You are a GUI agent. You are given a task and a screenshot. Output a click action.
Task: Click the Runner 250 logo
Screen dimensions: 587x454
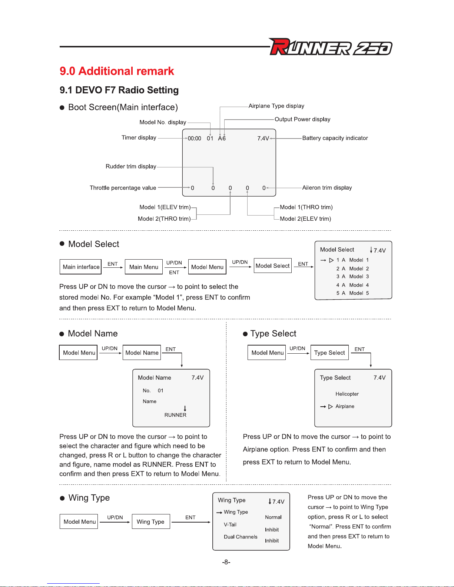click(x=331, y=47)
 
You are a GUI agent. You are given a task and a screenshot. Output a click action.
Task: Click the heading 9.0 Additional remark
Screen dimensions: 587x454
click(x=117, y=71)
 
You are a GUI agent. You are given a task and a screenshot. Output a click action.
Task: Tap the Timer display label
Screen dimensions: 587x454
click(x=139, y=138)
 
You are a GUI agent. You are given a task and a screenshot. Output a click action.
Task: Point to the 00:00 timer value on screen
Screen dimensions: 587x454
click(x=195, y=139)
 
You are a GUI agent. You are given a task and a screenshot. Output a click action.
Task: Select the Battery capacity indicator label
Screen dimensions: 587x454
click(x=335, y=138)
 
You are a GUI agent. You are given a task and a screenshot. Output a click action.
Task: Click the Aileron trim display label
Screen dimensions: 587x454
click(x=327, y=188)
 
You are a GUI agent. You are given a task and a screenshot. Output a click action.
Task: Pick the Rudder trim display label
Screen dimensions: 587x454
click(x=131, y=167)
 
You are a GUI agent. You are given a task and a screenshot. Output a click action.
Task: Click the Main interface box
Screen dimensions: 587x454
click(x=81, y=267)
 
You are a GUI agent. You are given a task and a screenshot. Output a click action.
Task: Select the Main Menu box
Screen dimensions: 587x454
click(x=144, y=267)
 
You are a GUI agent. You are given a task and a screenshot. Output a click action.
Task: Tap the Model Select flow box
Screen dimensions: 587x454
click(x=272, y=266)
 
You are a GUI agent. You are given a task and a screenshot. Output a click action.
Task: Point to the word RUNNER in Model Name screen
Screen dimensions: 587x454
click(x=175, y=415)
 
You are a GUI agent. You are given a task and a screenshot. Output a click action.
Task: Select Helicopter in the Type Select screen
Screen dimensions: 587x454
click(x=347, y=394)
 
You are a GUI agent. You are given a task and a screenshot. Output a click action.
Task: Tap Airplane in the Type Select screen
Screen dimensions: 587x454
click(x=345, y=407)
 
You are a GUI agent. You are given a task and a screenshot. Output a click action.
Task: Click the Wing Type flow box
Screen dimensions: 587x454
click(x=150, y=522)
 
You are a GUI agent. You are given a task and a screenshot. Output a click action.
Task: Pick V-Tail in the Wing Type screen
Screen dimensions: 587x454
click(x=230, y=525)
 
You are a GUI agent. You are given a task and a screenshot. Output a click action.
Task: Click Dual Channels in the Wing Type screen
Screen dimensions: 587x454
click(x=241, y=537)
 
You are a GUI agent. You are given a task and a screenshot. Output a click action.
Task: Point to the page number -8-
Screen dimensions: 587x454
click(x=226, y=562)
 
